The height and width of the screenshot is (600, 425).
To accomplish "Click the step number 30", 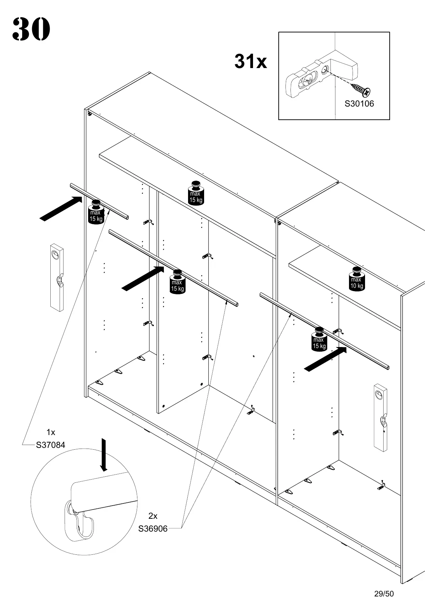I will [31, 29].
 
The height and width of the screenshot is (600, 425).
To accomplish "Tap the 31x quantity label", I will [251, 62].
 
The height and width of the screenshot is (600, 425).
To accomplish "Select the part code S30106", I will [359, 104].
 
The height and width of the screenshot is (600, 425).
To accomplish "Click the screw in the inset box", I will [361, 89].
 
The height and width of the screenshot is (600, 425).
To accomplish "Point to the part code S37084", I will [50, 445].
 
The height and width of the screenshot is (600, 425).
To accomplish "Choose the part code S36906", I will [153, 529].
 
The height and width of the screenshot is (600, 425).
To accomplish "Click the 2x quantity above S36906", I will [153, 516].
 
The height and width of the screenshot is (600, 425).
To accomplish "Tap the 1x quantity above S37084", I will [51, 433].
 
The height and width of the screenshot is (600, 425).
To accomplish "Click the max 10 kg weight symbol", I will [356, 279].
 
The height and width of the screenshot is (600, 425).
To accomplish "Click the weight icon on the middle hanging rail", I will [177, 282].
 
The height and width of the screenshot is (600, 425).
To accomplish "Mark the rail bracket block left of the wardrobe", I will [57, 277].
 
